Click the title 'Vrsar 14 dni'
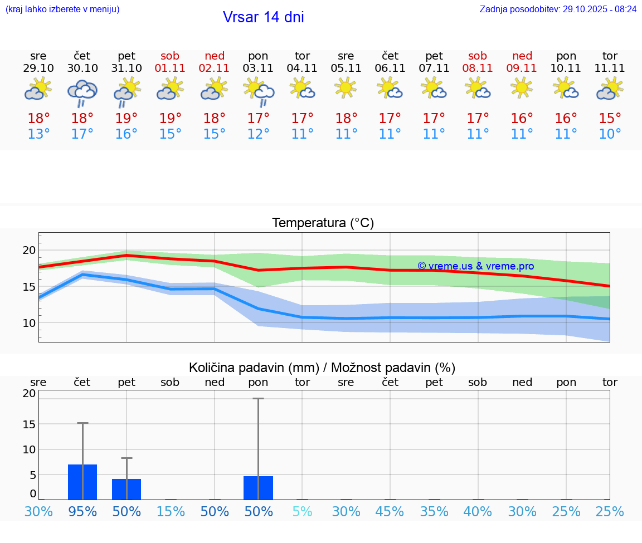pos(263,17)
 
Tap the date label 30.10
pos(82,69)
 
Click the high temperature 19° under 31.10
pos(127,119)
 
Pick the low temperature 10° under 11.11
pos(610,134)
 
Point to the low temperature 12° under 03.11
pos(258,134)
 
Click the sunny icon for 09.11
pos(522,88)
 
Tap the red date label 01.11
pos(170,69)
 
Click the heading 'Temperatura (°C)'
pos(323,223)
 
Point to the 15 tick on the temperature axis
pos(29,287)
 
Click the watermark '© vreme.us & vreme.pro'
pos(475,266)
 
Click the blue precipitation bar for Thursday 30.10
pos(82,482)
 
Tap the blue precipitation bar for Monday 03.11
pos(258,488)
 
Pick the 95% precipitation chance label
pos(82,512)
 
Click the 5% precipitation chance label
pos(302,512)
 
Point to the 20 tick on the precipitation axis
pos(29,393)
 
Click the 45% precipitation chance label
pos(390,512)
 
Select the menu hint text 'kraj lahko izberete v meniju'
pos(62,9)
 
